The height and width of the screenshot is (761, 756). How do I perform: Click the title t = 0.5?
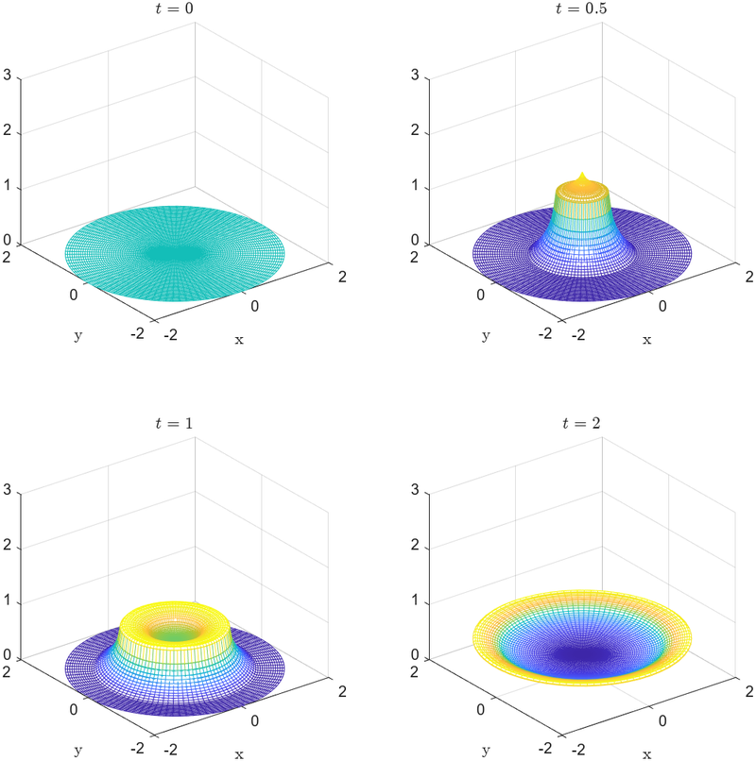click(581, 9)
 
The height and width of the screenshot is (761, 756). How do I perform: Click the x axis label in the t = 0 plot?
click(239, 340)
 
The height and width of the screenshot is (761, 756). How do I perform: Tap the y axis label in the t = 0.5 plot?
click(485, 335)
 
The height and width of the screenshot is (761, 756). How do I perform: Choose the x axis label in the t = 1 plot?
click(239, 754)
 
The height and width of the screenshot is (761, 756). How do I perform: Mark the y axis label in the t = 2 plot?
click(485, 751)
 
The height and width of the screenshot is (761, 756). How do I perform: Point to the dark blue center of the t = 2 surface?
click(581, 651)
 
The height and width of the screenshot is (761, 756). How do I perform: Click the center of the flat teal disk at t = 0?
click(174, 253)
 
